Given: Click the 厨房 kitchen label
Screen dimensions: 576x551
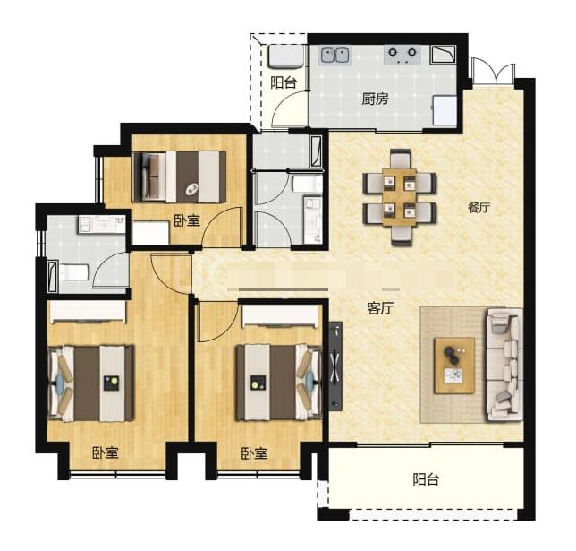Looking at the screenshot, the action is (375, 99).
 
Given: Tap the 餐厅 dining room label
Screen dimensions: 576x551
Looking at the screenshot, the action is (479, 208).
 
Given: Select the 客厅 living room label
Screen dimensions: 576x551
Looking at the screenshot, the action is (381, 307).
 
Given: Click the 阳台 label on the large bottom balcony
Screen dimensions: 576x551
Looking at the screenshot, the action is (426, 479).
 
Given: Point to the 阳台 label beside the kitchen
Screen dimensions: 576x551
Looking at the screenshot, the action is (284, 82).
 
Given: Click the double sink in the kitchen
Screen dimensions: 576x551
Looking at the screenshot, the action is (335, 56).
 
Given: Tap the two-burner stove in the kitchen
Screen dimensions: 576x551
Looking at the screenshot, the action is (402, 55).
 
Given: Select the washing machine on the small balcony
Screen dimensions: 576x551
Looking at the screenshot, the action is (286, 56).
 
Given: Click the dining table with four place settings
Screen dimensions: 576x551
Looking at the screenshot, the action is (399, 197).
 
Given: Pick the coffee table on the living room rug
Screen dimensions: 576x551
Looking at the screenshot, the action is (454, 366).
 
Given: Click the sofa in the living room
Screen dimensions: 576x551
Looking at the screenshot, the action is (504, 365).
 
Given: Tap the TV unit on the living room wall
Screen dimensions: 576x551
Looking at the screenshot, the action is (335, 366).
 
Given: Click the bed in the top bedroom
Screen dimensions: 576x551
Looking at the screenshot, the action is (179, 176).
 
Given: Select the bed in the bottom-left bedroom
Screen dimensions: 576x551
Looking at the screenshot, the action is (91, 383).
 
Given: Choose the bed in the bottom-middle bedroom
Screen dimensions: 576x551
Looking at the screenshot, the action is (280, 382).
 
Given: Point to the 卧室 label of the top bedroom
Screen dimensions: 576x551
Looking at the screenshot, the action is (187, 220).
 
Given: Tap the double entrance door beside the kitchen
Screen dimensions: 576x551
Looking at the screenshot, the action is (494, 72).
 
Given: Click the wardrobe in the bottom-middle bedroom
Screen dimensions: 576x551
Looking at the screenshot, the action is (280, 315).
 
